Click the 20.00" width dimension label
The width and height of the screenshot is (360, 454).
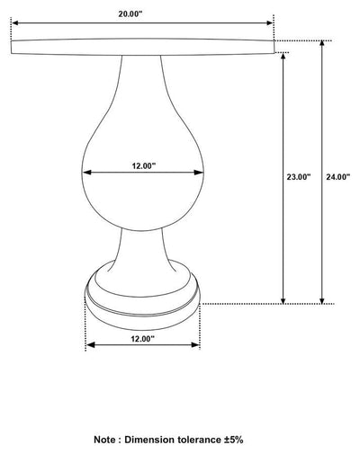tap(130, 14)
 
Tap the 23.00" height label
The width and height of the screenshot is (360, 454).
tap(299, 177)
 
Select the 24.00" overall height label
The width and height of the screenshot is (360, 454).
tap(338, 177)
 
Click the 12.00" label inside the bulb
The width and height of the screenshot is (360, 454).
tap(144, 165)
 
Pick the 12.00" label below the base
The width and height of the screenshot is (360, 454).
tap(142, 339)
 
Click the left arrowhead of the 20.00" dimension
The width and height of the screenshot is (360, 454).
tap(15, 22)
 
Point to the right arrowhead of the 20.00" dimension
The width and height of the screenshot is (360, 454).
tap(269, 22)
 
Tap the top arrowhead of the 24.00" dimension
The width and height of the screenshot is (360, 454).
tap(322, 45)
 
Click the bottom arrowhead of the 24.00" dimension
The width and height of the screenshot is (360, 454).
tap(322, 300)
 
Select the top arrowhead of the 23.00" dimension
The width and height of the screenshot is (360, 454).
tap(283, 57)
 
